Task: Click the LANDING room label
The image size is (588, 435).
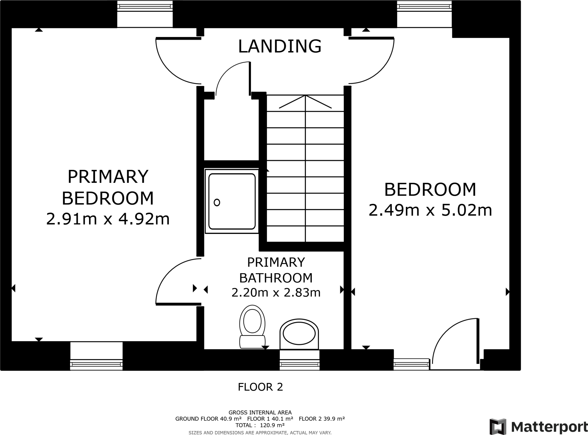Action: [280, 46]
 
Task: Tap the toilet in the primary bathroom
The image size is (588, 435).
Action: [252, 327]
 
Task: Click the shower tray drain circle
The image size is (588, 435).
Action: [217, 202]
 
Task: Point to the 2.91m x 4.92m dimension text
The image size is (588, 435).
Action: [108, 219]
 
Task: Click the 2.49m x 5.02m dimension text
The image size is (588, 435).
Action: [430, 210]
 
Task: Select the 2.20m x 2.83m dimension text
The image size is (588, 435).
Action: [276, 293]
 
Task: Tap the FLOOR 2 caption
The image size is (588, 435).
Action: [260, 387]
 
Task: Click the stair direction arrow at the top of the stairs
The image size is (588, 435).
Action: [305, 102]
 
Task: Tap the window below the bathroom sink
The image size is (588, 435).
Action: [299, 360]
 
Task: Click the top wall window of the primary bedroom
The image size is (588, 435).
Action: [145, 14]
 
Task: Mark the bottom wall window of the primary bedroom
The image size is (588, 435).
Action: [96, 356]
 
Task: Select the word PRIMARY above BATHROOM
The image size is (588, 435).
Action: [276, 262]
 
